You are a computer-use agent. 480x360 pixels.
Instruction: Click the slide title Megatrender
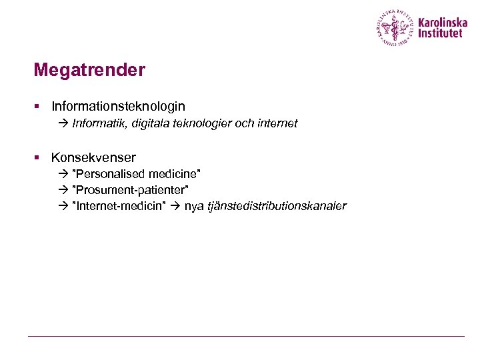click(x=89, y=70)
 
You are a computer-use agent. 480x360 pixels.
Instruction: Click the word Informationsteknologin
click(x=118, y=106)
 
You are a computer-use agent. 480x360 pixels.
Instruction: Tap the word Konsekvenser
click(x=93, y=158)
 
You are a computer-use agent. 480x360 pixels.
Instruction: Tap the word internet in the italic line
click(x=275, y=123)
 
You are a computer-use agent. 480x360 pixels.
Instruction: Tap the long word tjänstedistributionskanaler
click(x=277, y=206)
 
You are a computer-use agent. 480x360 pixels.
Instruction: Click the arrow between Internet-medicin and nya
click(x=175, y=206)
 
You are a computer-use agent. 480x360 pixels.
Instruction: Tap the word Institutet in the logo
click(x=440, y=33)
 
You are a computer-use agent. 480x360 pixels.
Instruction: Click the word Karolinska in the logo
click(x=443, y=22)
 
